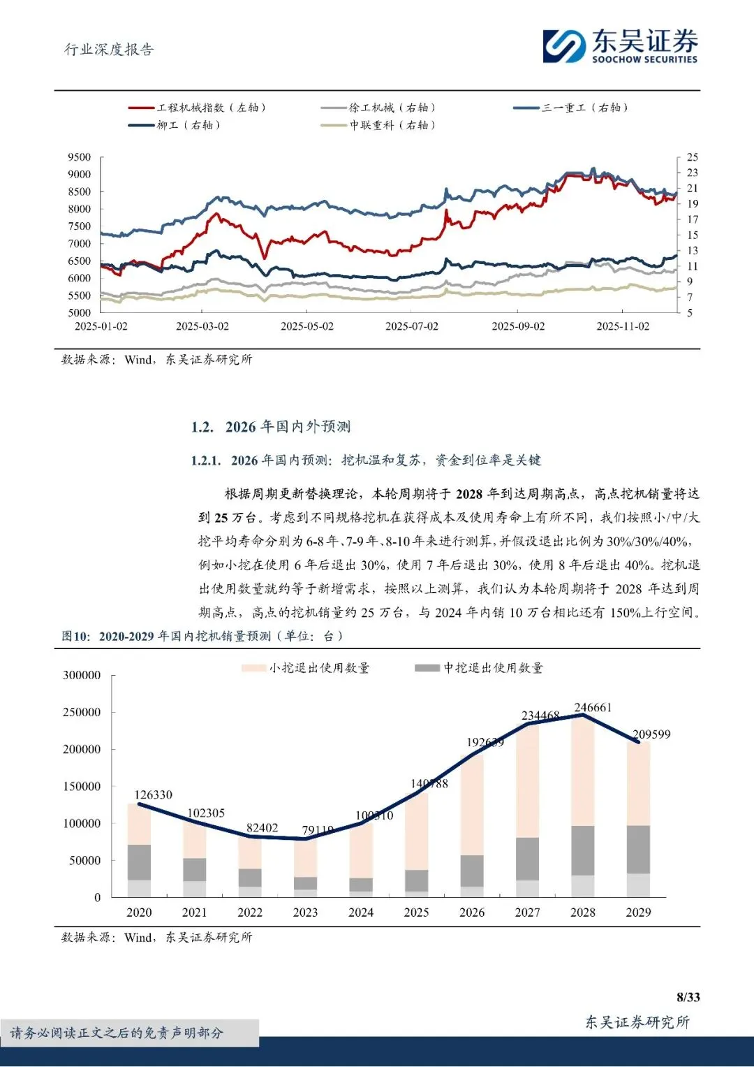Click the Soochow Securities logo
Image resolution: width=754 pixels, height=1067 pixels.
coord(620,45)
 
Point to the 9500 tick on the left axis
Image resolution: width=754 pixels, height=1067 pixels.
coord(80,157)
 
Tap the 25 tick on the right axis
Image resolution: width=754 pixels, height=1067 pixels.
coord(692,157)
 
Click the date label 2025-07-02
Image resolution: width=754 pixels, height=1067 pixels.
coord(412,326)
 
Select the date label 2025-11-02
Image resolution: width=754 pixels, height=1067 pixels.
coord(623,326)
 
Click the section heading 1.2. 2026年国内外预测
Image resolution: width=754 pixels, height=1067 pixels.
coord(271,427)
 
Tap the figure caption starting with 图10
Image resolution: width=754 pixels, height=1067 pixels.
coord(202,636)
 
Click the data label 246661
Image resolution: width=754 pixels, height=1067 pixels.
coord(593,708)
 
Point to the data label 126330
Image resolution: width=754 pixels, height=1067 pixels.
coord(153,795)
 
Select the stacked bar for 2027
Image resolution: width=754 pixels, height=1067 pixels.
coord(528,811)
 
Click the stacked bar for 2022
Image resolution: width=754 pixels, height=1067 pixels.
coord(250,866)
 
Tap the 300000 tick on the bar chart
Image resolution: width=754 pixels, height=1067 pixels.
coord(82,676)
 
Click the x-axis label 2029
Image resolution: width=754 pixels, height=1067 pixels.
coord(638,913)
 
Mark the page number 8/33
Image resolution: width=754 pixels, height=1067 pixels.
coord(688,997)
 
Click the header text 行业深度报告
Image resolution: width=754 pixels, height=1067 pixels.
coord(109,50)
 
